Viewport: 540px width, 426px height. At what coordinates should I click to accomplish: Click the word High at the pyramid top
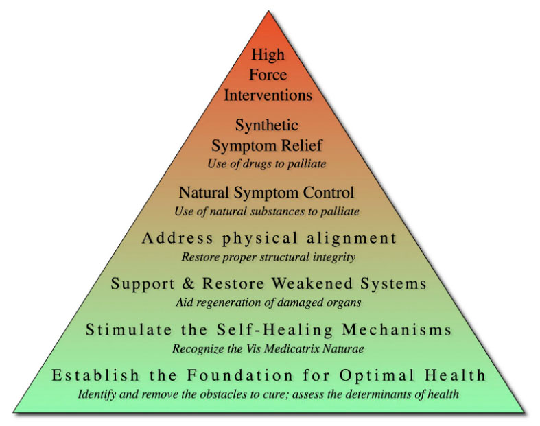click(x=268, y=55)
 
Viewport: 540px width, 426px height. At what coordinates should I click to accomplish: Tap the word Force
click(x=268, y=75)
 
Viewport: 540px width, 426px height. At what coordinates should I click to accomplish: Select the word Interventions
click(x=268, y=95)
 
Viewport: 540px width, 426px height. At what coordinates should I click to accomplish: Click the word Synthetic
click(x=266, y=126)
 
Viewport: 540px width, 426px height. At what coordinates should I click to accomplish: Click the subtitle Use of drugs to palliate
click(x=266, y=163)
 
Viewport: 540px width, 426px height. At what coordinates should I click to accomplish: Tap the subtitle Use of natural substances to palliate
click(x=267, y=211)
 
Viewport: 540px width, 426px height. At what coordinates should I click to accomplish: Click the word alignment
click(x=351, y=238)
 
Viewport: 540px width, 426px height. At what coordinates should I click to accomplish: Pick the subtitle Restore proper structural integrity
click(x=268, y=257)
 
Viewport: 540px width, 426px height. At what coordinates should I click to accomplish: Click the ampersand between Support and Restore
click(x=188, y=283)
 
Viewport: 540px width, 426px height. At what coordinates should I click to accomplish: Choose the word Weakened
click(x=312, y=283)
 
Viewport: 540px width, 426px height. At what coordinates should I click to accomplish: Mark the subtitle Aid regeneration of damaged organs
click(x=268, y=303)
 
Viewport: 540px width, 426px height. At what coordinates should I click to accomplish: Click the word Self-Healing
click(x=274, y=329)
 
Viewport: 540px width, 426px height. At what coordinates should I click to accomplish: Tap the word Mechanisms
click(x=397, y=329)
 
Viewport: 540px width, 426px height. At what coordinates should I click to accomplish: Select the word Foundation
click(x=239, y=375)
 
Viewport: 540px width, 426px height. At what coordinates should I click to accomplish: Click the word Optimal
click(x=377, y=375)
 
